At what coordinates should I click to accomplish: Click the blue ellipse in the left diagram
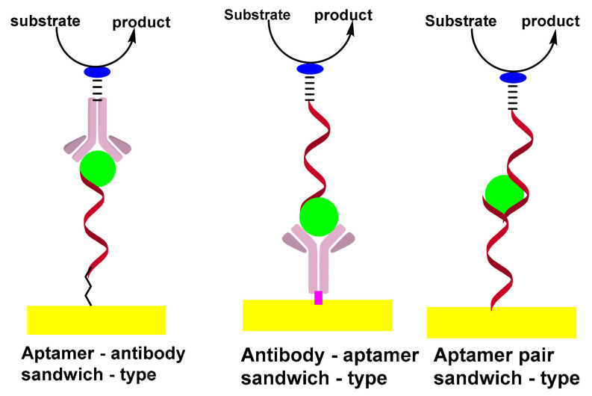97,72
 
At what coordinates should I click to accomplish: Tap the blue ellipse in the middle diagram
310,69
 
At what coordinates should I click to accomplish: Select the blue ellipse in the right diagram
513,77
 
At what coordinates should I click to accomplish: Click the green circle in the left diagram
98,168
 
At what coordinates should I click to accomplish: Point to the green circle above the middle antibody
319,216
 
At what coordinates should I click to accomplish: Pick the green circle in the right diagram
503,193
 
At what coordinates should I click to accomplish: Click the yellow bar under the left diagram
96,320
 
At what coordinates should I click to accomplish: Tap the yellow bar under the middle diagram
317,315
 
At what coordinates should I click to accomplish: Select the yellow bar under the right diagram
501,322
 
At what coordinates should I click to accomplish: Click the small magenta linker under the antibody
318,297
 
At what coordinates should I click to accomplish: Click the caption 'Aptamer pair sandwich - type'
506,366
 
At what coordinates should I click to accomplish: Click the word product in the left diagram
141,22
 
